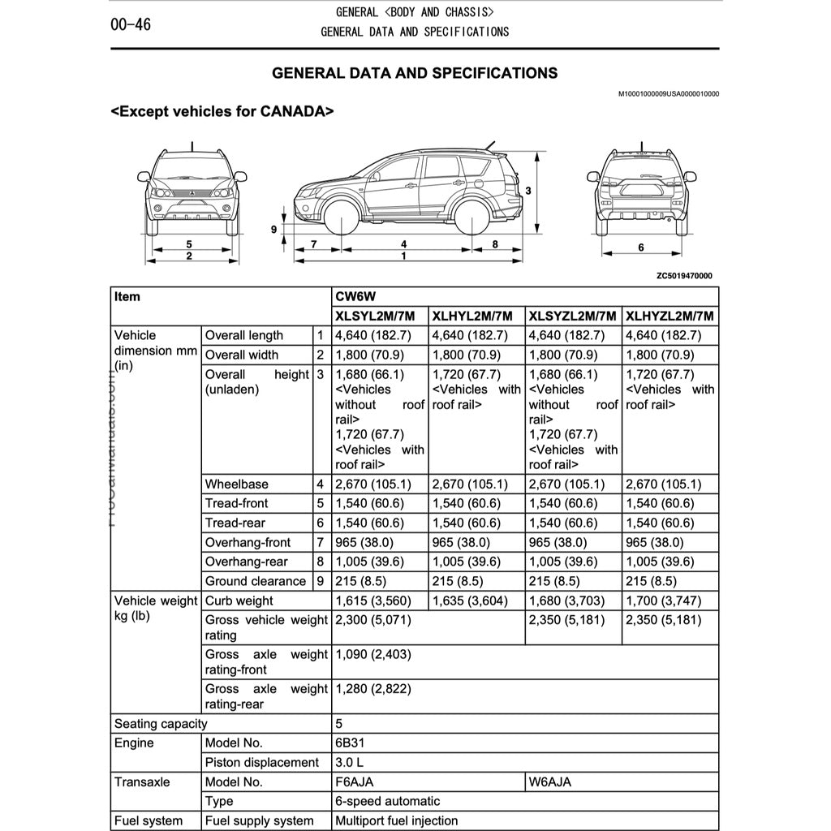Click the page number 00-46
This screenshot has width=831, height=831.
(131, 24)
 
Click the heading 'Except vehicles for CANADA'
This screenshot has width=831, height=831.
(222, 111)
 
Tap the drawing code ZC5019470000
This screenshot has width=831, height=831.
(684, 276)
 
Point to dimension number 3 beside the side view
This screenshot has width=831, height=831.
(527, 191)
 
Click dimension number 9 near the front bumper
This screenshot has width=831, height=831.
(274, 230)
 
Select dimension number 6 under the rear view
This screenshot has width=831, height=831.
(640, 247)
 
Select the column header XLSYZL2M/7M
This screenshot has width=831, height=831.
(573, 316)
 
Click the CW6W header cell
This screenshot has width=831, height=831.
(351, 297)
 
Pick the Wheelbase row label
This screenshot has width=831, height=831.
(236, 484)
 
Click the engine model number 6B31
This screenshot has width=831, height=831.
(351, 743)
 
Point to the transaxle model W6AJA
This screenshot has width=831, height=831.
(549, 782)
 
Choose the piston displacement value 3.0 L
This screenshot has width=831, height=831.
(350, 763)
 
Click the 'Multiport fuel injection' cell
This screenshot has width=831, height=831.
(396, 820)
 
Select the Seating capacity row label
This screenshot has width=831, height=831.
(161, 724)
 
